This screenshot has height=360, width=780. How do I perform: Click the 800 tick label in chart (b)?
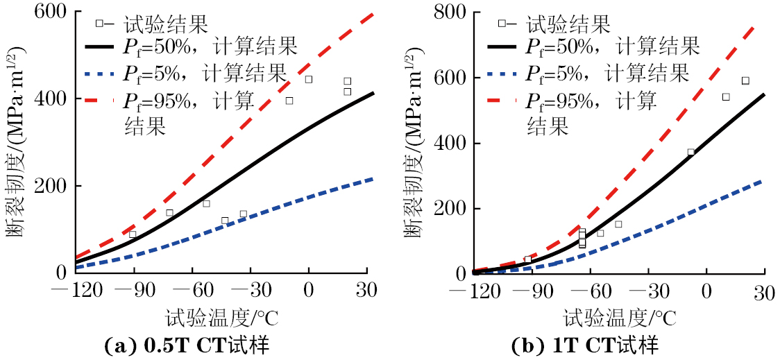tap(452, 12)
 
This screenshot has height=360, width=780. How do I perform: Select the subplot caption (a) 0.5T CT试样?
tap(187, 345)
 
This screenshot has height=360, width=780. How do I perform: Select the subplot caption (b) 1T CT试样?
tap(584, 345)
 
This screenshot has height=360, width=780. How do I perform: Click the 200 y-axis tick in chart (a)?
tap(53, 186)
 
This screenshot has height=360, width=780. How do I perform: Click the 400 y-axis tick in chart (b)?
tap(452, 144)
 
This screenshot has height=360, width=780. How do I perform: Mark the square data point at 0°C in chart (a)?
tap(309, 79)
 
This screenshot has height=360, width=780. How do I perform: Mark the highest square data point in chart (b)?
tap(745, 80)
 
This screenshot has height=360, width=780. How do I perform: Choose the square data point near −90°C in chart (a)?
tap(133, 234)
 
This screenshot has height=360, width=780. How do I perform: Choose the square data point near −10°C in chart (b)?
tap(690, 152)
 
